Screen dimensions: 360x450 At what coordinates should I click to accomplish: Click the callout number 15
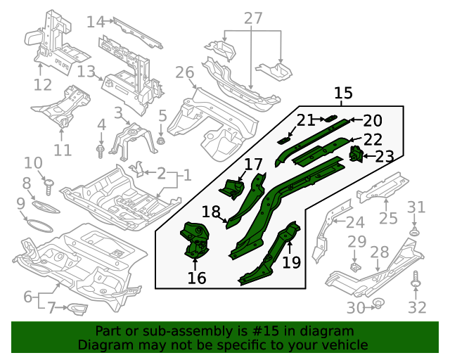tap(343, 94)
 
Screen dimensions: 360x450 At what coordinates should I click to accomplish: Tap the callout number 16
tap(197, 278)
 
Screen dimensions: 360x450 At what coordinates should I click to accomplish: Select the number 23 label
tap(385, 156)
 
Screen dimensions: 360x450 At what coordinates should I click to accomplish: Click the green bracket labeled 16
tap(196, 238)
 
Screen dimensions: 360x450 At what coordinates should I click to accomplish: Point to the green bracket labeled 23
tap(356, 153)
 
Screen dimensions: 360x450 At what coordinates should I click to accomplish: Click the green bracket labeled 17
tap(233, 188)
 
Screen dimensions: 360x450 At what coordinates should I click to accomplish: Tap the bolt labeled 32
tap(417, 281)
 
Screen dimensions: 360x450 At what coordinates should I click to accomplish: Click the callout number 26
tap(184, 72)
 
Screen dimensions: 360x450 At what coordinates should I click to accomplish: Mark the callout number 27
tap(252, 18)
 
